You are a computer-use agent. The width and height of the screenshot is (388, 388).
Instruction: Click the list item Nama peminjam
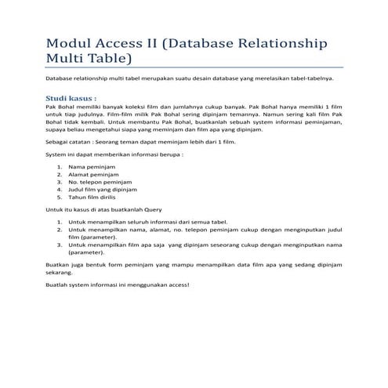click(x=89, y=168)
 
